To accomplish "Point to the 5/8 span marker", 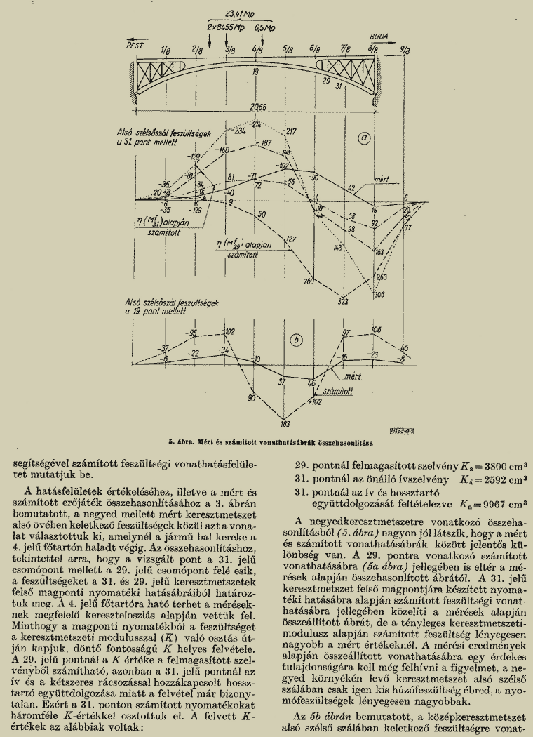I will [288, 50].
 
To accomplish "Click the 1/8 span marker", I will [166, 51].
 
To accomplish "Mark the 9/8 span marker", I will [405, 50].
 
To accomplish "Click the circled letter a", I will [363, 139].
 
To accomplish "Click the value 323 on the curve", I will [343, 302].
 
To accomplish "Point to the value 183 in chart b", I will [285, 423].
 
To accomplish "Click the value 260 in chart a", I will [307, 281].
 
